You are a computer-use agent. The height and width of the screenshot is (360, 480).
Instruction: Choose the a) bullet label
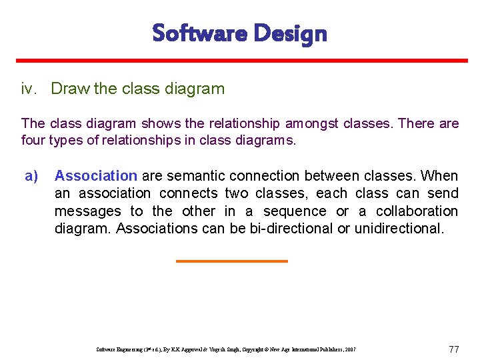tap(31, 176)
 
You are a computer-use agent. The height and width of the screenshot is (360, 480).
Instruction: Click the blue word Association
tap(95, 176)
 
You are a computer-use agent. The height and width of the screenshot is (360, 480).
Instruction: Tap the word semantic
tap(197, 176)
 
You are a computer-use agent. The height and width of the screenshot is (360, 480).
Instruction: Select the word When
tap(440, 176)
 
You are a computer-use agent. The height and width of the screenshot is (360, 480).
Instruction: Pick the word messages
tap(88, 211)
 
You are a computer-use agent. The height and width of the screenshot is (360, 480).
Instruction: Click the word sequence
tap(295, 211)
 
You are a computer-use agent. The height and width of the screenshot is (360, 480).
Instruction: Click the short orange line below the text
tap(231, 261)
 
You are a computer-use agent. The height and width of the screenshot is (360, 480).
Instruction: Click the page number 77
tap(454, 349)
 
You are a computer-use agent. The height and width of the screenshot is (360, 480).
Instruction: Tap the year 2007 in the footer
tap(350, 349)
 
